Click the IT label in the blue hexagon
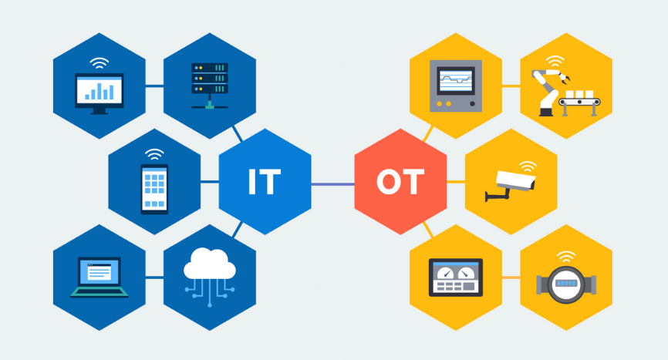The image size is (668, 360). click(264, 182)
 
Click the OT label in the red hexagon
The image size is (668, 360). click(400, 183)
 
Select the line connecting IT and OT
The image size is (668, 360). click(332, 184)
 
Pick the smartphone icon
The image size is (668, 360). click(154, 188)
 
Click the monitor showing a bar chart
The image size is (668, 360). click(99, 93)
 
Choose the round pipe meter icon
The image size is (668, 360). click(565, 284)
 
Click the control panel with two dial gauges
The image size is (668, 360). click(455, 277)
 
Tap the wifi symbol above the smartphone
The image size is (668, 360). click(154, 154)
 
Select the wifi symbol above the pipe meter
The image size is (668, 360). click(566, 256)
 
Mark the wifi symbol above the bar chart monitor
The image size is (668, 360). click(99, 62)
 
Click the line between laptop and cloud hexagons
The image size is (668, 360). click(154, 278)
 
